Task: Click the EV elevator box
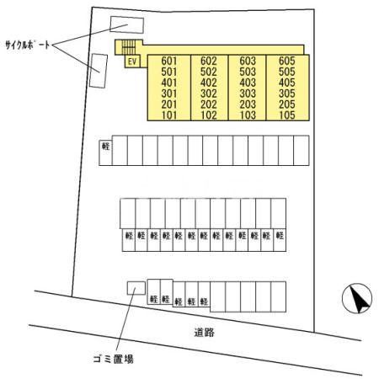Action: click(132, 61)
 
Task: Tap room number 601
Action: click(169, 61)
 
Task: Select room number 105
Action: click(287, 115)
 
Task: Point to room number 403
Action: click(248, 83)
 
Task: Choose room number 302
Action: click(209, 93)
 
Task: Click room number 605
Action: click(287, 61)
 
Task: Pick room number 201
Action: click(169, 104)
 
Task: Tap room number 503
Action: click(248, 72)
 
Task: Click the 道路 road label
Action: click(205, 333)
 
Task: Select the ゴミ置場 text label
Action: click(113, 359)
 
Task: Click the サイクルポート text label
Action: click(28, 45)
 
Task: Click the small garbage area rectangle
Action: click(136, 288)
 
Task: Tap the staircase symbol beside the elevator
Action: click(129, 47)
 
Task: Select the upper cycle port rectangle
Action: click(127, 24)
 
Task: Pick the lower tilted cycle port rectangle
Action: click(99, 71)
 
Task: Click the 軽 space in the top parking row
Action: click(105, 152)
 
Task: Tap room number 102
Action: click(209, 115)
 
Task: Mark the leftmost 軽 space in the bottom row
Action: click(154, 291)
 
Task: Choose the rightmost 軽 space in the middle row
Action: click(280, 240)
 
